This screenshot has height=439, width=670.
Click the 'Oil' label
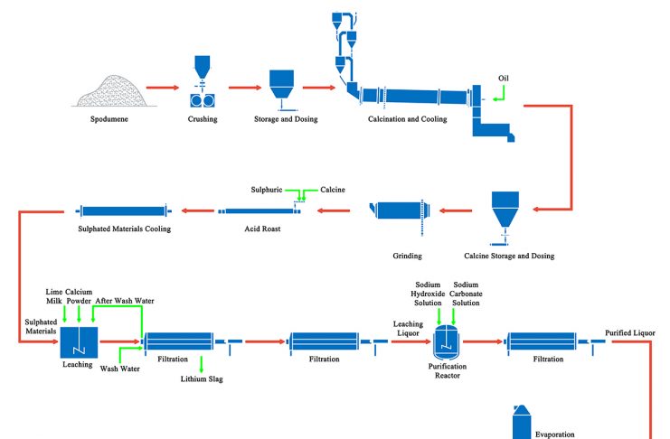504,78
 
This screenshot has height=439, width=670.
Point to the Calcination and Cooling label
407,119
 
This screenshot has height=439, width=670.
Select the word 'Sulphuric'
267,190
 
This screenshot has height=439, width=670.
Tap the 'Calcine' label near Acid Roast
333,190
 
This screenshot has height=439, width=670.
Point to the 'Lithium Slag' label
202,379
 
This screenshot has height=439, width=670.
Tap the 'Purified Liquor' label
629,333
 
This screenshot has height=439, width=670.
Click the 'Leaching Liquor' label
408,327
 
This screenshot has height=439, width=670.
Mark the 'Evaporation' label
554,434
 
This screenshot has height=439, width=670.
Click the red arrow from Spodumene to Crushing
163,88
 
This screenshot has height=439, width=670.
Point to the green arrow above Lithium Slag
201,362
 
